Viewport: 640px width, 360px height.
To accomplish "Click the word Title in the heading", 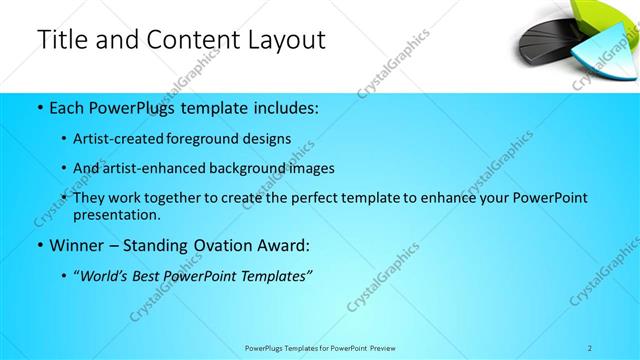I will coord(61,40).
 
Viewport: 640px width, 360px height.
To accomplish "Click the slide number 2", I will coord(590,347).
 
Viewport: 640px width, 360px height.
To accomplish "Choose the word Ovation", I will coord(225,245).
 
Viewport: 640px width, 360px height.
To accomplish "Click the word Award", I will coord(284,245).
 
